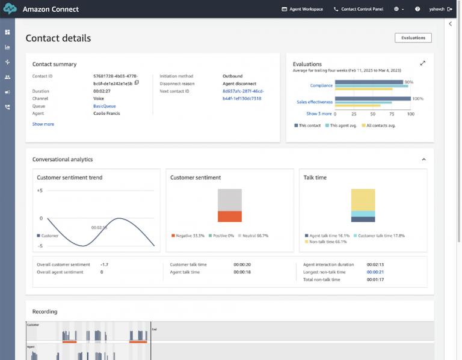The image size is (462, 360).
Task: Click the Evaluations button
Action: tap(413, 38)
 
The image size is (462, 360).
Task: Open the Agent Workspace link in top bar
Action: tap(302, 9)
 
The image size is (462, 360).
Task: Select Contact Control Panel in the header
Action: tap(360, 9)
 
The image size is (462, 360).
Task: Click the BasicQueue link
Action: tap(105, 106)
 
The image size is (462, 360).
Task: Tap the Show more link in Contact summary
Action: tap(43, 124)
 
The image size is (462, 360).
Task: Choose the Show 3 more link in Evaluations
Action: tap(319, 114)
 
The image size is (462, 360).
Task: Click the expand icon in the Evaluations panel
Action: tap(423, 63)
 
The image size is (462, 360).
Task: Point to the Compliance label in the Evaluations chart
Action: tap(321, 85)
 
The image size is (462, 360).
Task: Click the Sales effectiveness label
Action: tap(315, 102)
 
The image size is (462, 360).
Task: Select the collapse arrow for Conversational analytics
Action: tap(423, 159)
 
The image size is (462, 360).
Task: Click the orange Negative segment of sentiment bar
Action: tap(229, 216)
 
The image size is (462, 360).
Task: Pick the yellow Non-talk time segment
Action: tap(363, 200)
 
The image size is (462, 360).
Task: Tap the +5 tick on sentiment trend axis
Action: tap(40, 191)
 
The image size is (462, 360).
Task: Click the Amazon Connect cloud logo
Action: tap(9, 9)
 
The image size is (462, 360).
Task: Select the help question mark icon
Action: tap(417, 9)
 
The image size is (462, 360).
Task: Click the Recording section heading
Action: tap(45, 311)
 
